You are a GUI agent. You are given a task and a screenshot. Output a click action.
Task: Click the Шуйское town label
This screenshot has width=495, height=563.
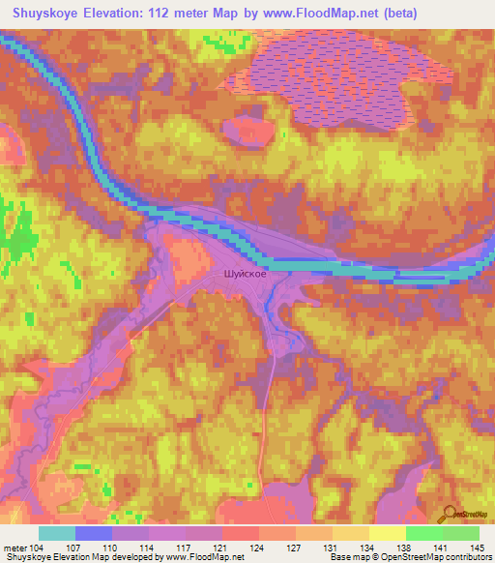click(x=245, y=274)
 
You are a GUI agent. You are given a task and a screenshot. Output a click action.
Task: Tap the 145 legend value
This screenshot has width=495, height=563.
click(x=477, y=548)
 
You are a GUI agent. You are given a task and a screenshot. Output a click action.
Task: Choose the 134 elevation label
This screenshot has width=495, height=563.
click(x=368, y=548)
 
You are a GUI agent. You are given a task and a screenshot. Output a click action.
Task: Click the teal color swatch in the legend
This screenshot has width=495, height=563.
click(x=57, y=533)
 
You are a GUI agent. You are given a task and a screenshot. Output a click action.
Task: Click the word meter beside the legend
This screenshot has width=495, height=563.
click(x=15, y=548)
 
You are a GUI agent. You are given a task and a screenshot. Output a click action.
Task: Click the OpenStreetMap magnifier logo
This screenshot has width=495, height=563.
click(x=450, y=515)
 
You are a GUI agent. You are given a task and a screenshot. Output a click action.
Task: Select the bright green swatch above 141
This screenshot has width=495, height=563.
click(x=423, y=533)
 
